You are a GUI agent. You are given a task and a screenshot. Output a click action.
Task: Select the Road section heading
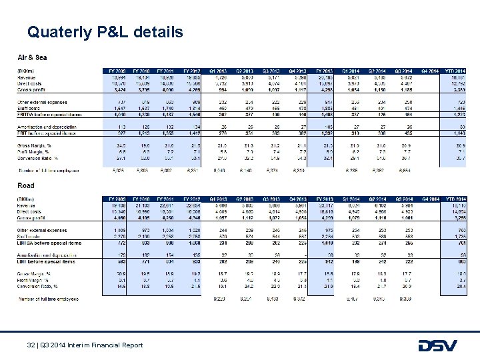click(27, 186)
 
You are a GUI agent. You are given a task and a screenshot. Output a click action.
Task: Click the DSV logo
click(438, 345)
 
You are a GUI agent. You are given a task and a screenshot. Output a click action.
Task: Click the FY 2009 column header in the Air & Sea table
click(117, 70)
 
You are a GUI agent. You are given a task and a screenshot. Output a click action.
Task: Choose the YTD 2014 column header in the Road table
click(455, 198)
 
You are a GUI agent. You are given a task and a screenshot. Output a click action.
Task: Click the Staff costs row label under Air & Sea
click(31, 107)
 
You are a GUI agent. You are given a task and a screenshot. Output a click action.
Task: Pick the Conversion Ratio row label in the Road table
click(36, 285)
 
